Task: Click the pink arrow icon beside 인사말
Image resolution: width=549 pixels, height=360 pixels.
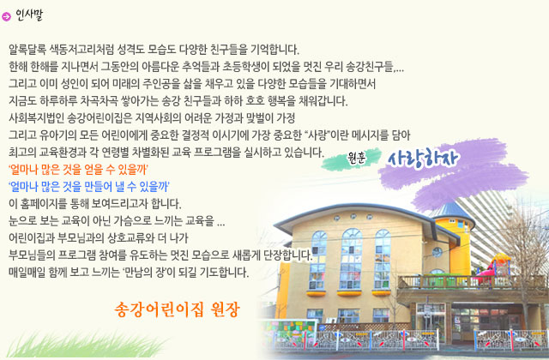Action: [x=6, y=16]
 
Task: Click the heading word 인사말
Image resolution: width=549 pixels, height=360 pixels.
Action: [x=29, y=15]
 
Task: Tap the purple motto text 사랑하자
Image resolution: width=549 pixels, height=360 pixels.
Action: [x=423, y=159]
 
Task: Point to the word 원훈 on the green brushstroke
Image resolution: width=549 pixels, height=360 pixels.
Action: [x=357, y=158]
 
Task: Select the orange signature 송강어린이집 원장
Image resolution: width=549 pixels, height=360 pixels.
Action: [x=177, y=309]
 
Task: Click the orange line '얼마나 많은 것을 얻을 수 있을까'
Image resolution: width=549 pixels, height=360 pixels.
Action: [x=78, y=170]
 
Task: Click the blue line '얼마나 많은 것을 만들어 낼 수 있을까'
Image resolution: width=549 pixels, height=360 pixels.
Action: [x=89, y=187]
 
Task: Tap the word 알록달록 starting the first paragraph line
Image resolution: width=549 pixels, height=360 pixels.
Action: [x=27, y=50]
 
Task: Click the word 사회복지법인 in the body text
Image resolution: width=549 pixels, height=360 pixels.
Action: [x=36, y=118]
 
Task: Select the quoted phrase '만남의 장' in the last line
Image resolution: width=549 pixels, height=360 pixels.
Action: [x=145, y=273]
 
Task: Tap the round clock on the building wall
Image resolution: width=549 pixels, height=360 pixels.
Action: [x=437, y=252]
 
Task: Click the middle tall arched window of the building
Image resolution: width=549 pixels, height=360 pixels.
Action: [x=352, y=259]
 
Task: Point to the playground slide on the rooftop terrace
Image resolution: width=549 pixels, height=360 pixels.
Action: [x=496, y=265]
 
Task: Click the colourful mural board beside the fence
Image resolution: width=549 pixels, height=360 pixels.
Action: [x=288, y=333]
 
